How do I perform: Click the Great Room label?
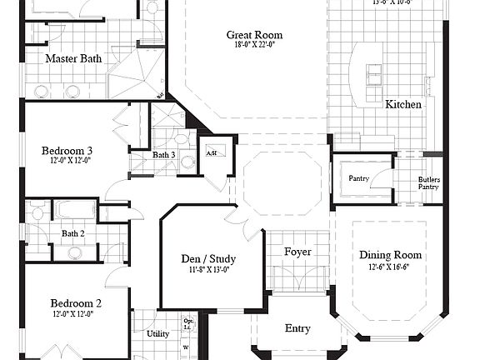(x=254, y=35)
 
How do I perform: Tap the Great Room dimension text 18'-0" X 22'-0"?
(x=254, y=45)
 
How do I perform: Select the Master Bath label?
(x=73, y=58)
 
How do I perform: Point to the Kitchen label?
(x=402, y=105)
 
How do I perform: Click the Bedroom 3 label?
(x=67, y=151)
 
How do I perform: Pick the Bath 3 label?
(x=163, y=155)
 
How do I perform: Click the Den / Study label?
(x=208, y=258)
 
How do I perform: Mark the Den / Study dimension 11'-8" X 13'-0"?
(x=208, y=269)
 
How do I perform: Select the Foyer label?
(x=297, y=252)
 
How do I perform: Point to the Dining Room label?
(x=390, y=256)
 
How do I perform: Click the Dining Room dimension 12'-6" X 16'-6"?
(x=390, y=267)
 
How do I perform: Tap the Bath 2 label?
(x=73, y=233)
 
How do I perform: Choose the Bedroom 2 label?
(x=75, y=303)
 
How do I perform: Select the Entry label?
(x=297, y=329)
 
